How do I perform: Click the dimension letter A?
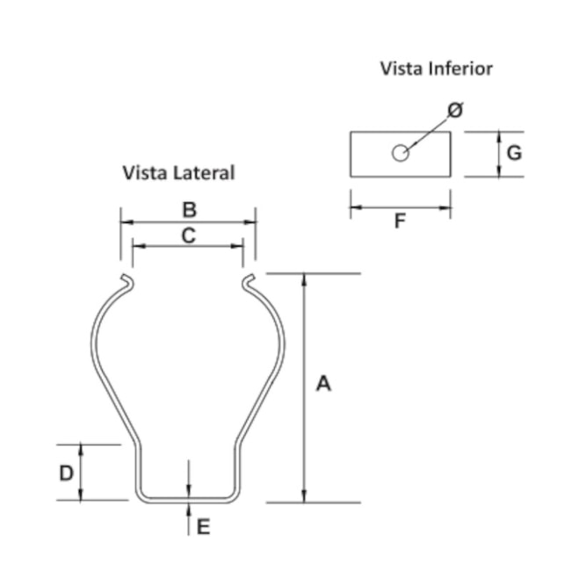point(323,384)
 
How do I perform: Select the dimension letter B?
point(188,210)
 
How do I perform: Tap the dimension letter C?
point(187,235)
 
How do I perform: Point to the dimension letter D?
point(67,473)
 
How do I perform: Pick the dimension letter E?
point(203,527)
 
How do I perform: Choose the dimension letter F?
point(400,221)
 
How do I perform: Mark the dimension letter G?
point(515,153)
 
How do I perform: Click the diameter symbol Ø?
point(455,110)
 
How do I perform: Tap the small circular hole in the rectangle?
point(400,154)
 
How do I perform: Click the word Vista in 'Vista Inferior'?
point(401,68)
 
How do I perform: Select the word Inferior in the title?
point(460,68)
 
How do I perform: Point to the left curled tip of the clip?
point(128,281)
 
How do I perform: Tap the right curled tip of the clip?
point(249,281)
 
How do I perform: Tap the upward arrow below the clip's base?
point(190,509)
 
